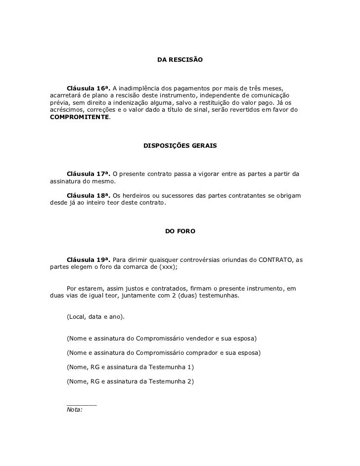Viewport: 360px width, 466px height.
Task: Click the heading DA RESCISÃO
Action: click(180, 60)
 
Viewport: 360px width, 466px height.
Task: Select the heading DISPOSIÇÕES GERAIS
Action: click(180, 147)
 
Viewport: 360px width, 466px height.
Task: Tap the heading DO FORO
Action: click(180, 231)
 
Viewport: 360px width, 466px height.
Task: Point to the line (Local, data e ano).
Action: click(95, 316)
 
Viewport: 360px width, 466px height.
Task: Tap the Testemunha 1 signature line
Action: click(130, 367)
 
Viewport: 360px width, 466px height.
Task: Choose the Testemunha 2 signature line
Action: click(130, 381)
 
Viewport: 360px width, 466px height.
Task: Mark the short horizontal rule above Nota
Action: click(82, 404)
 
